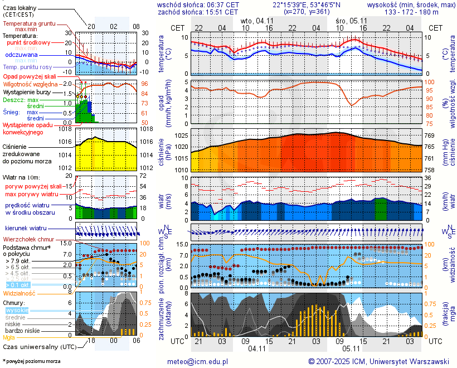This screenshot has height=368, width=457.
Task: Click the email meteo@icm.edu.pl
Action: tap(198, 361)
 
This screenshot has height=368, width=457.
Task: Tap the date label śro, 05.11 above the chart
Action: tap(350, 20)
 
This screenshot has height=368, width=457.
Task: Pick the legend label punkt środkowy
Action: tap(29, 42)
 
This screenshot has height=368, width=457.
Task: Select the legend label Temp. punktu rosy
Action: tap(32, 67)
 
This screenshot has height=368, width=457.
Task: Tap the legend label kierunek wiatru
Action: tap(26, 228)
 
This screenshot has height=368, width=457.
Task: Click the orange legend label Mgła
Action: tap(9, 337)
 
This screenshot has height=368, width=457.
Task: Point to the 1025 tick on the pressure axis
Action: tap(181, 136)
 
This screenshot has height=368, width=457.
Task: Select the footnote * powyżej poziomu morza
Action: tap(32, 361)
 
